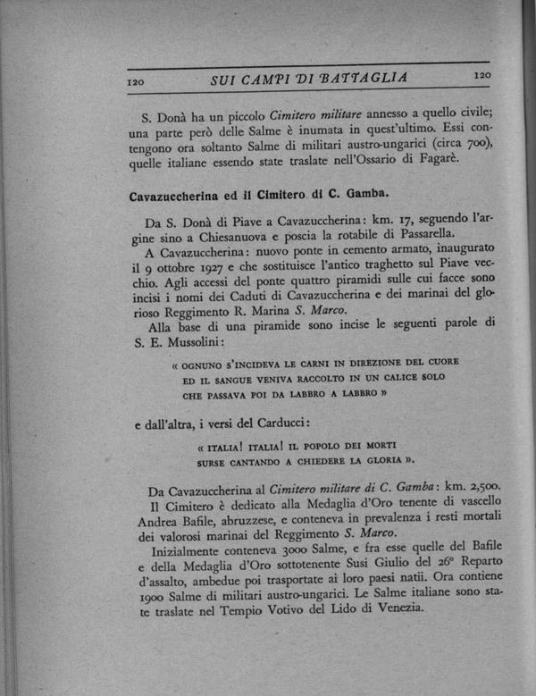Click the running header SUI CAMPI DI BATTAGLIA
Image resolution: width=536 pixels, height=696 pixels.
308,79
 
